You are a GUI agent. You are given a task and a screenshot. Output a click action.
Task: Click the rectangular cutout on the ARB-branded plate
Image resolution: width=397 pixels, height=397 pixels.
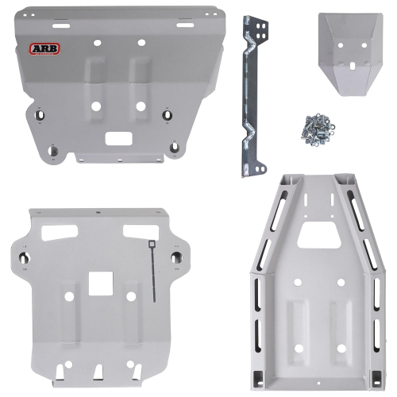(x=118, y=139)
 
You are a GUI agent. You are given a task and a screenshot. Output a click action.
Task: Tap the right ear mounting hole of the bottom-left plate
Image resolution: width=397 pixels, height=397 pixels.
(x=179, y=258)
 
